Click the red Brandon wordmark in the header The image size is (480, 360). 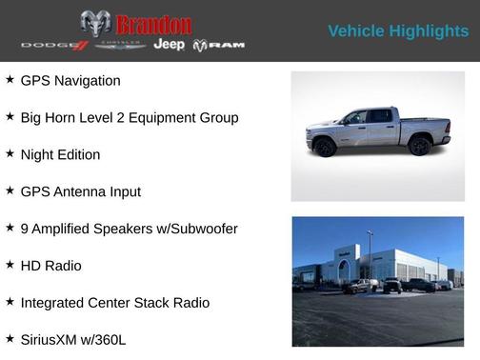(x=152, y=24)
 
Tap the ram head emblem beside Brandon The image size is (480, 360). (x=95, y=24)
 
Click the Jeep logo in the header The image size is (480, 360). (x=170, y=46)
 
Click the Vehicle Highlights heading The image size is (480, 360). (x=398, y=31)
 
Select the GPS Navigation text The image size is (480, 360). (x=70, y=81)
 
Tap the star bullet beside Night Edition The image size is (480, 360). (x=10, y=153)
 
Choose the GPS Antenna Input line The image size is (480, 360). (x=80, y=191)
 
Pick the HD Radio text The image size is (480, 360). (x=50, y=266)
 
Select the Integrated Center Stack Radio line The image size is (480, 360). (x=114, y=303)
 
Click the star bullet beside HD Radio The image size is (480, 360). (x=10, y=265)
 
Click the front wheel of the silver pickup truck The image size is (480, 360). (x=326, y=147)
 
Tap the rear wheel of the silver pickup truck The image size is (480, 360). (x=420, y=146)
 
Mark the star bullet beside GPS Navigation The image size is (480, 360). (x=10, y=80)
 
